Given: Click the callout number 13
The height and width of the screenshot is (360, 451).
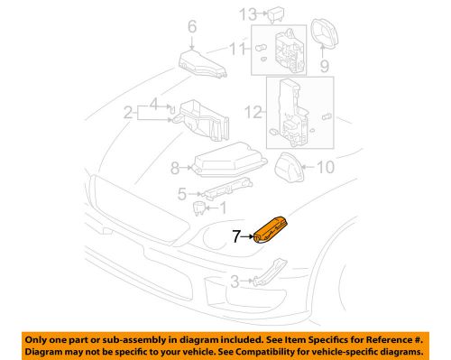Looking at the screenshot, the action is (246, 13).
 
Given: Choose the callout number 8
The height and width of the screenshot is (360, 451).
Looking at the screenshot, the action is (177, 167).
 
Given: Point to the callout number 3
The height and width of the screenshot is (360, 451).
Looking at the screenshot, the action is (235, 282).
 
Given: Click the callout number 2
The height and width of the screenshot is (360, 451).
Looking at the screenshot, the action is (130, 113).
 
